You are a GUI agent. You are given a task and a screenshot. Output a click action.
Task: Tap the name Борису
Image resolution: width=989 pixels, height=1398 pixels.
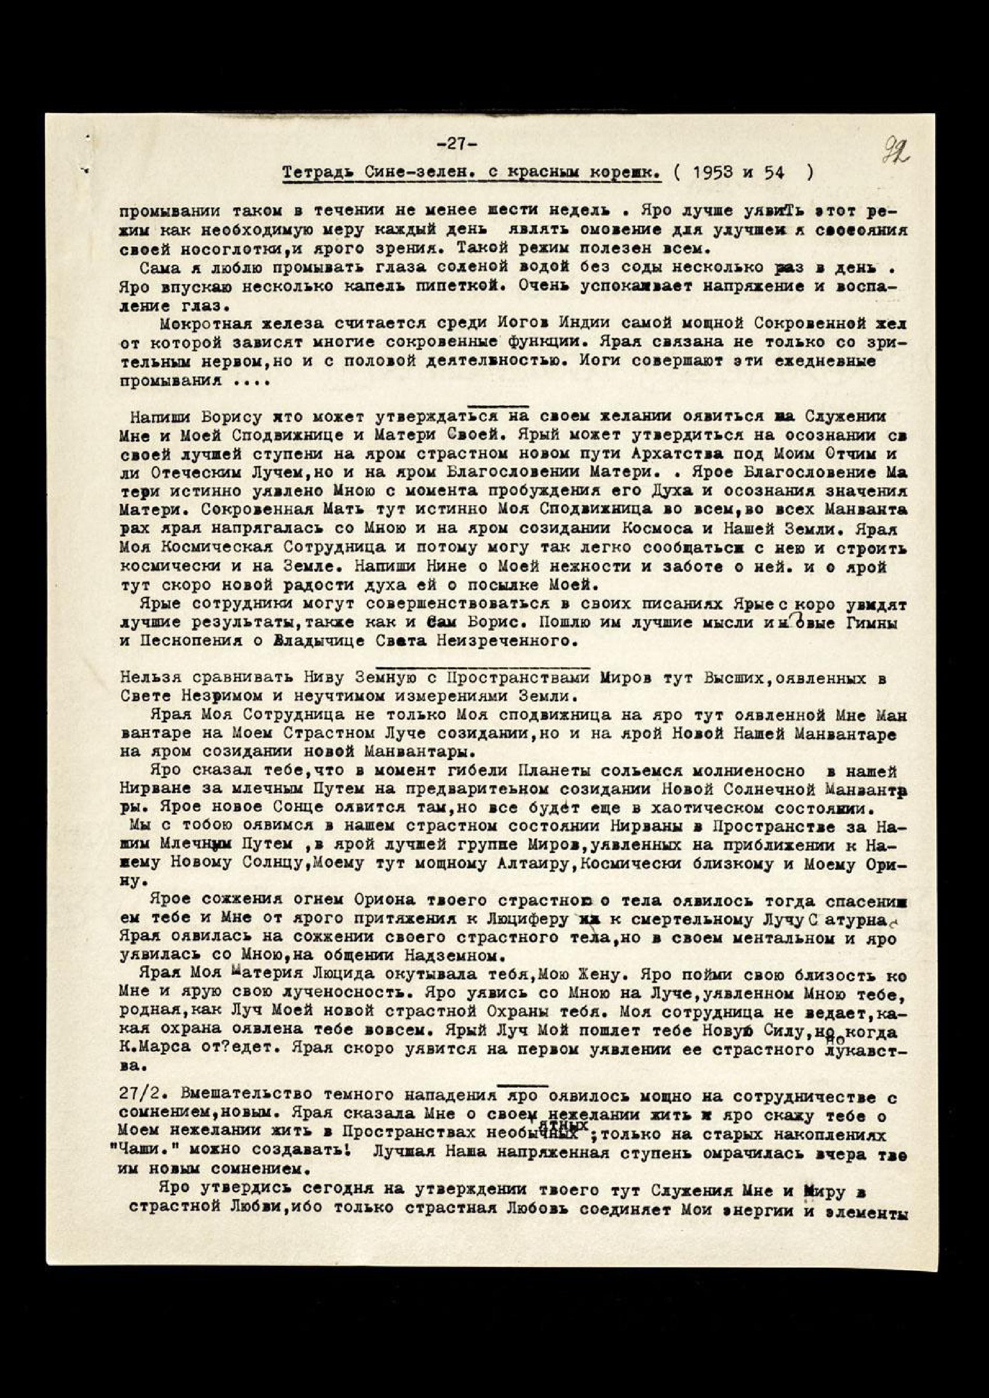pos(230,418)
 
